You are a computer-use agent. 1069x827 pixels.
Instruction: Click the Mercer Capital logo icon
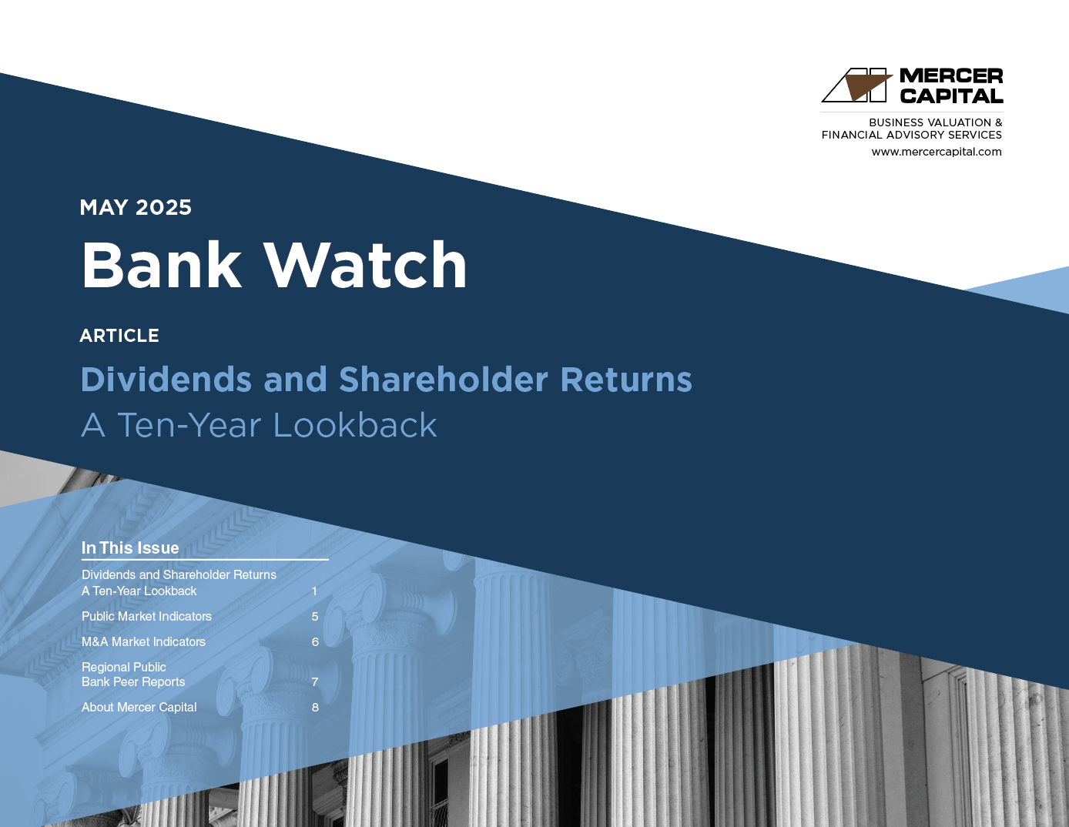(857, 85)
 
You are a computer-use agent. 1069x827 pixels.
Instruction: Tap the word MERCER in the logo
(951, 75)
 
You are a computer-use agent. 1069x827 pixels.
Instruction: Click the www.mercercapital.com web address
(937, 152)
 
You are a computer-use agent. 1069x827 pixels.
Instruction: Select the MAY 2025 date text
(136, 207)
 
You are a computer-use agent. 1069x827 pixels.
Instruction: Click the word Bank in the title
(161, 265)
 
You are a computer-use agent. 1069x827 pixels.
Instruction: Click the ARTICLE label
(119, 336)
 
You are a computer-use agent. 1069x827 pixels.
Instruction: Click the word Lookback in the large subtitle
(355, 425)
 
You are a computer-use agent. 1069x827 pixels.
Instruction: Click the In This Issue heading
(130, 547)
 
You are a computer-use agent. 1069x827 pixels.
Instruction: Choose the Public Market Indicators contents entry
(146, 616)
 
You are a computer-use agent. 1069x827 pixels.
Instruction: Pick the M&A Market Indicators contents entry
(143, 641)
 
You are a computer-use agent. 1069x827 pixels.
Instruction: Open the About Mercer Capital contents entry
(139, 707)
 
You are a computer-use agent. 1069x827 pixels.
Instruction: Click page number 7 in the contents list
(315, 682)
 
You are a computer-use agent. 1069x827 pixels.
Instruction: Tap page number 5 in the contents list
(315, 617)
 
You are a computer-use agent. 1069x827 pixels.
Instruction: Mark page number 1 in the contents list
(315, 591)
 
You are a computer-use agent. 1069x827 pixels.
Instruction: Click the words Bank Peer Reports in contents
(132, 682)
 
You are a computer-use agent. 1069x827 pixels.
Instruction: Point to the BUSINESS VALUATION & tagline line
(935, 122)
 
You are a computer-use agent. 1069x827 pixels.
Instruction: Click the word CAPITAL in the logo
(951, 95)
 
